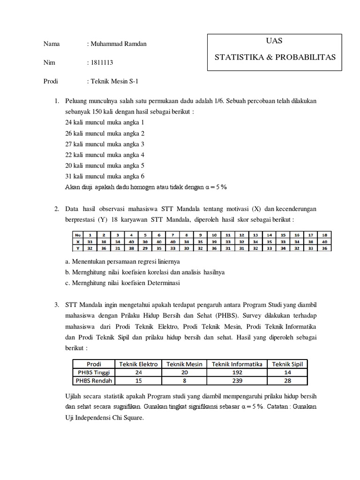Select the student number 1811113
click(100, 62)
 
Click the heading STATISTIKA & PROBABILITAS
click(275, 57)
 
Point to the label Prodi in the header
click(51, 81)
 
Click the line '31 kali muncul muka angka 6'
click(105, 176)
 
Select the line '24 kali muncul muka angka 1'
click(105, 122)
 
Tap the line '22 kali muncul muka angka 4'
click(105, 154)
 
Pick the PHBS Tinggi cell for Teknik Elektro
click(139, 372)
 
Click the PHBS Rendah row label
click(93, 381)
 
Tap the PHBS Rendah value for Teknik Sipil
click(288, 381)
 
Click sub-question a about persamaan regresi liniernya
click(123, 261)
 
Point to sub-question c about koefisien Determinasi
click(123, 283)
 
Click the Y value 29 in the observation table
click(145, 247)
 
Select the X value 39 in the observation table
click(214, 241)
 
